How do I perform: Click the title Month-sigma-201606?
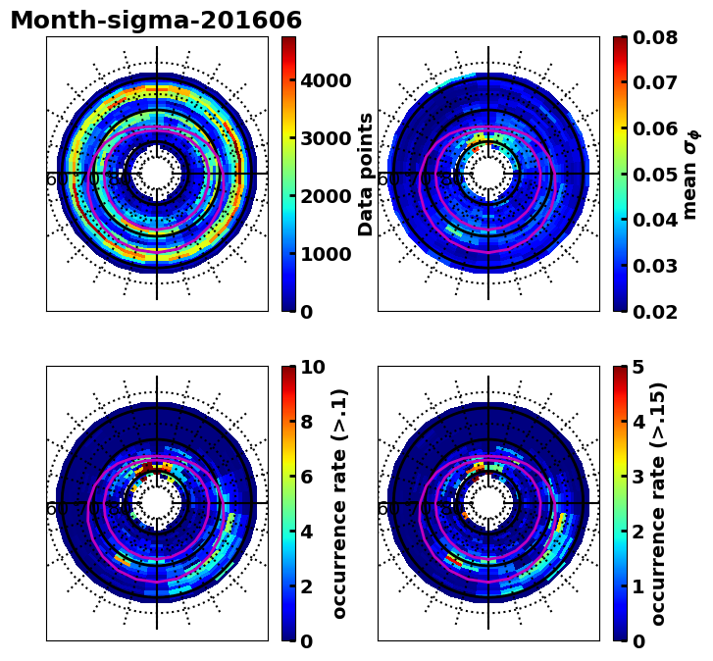tap(156, 21)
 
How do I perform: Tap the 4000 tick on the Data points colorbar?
tap(326, 80)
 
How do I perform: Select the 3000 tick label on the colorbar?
tap(326, 138)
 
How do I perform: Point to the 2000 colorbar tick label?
tap(326, 196)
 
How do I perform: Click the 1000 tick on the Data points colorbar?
tap(326, 254)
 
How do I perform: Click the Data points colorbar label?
tap(367, 174)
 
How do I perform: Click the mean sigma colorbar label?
tap(690, 174)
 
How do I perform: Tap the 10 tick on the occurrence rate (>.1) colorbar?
tap(313, 368)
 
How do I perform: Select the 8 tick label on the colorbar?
tap(307, 423)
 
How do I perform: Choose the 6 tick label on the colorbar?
tap(307, 477)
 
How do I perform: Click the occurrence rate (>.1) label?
tap(340, 503)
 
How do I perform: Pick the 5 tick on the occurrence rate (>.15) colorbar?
tap(638, 368)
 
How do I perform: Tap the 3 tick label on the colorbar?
tap(638, 477)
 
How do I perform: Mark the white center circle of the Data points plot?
tap(157, 174)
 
